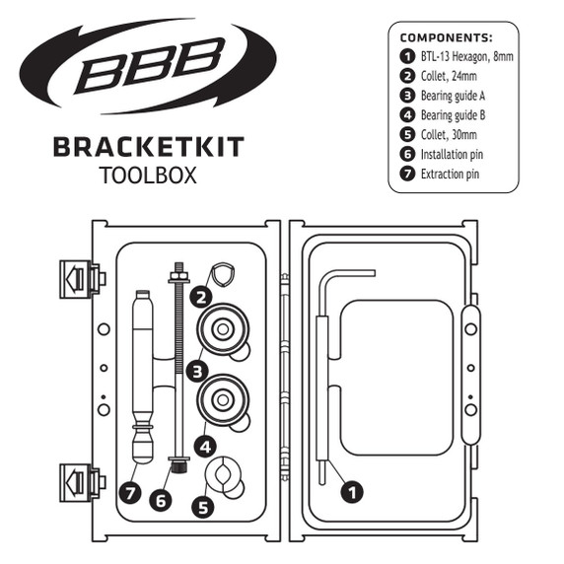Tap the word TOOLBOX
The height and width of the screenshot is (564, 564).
(148, 176)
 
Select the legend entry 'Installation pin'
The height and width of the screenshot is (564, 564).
(451, 155)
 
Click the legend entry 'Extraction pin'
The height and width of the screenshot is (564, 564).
(450, 175)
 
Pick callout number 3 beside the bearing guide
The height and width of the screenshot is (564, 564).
(198, 372)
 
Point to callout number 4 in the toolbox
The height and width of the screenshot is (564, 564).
(203, 446)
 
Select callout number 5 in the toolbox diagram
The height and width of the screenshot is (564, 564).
(203, 508)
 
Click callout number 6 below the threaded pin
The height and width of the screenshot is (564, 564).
(161, 501)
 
